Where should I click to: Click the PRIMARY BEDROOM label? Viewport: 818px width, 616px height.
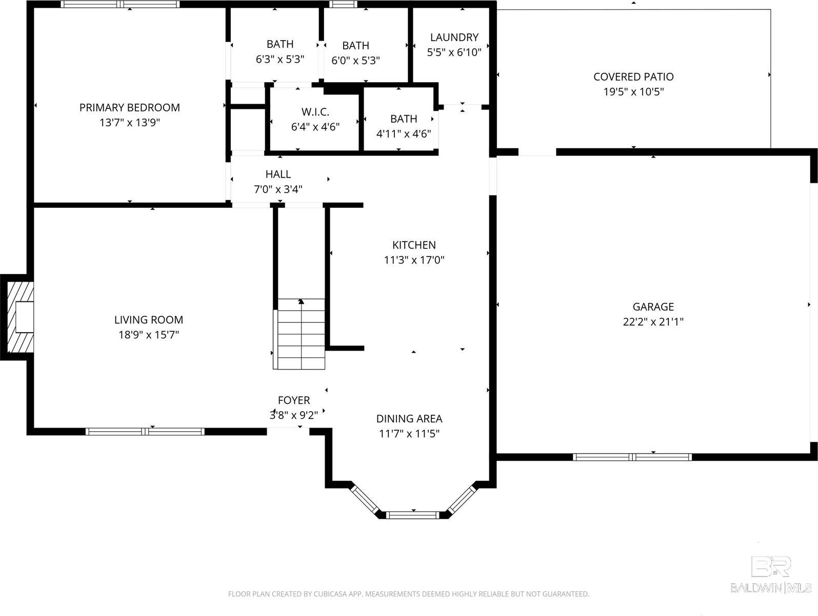(x=129, y=108)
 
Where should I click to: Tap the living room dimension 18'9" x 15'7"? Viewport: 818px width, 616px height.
(x=148, y=335)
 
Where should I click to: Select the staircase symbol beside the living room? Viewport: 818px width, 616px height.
(x=301, y=334)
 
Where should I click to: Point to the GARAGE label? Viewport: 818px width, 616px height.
(x=653, y=307)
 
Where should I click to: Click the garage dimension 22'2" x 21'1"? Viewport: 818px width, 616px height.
(x=653, y=322)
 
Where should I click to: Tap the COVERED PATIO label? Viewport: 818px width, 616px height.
(x=633, y=77)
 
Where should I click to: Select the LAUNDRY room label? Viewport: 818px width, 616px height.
(x=454, y=37)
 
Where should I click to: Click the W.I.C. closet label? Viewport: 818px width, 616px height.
(x=315, y=112)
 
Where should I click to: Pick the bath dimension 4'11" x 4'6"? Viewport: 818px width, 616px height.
(x=404, y=134)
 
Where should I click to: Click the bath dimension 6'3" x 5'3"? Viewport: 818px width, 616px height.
(x=280, y=60)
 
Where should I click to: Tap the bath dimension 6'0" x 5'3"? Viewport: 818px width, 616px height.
(x=355, y=61)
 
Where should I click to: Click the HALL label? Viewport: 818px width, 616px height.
(x=278, y=175)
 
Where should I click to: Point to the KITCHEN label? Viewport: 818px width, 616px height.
(x=414, y=245)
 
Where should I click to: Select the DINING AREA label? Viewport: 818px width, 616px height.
(x=409, y=419)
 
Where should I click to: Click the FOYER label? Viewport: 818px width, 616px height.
(x=294, y=400)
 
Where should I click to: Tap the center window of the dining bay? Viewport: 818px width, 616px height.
(x=413, y=514)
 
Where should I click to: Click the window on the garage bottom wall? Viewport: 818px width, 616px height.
(x=632, y=457)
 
